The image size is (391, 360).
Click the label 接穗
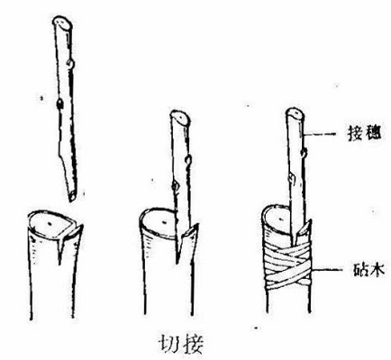[364, 133]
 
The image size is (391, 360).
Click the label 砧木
[368, 271]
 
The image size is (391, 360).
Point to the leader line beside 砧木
[327, 270]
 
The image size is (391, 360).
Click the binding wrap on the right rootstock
[287, 265]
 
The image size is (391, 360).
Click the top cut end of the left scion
[62, 22]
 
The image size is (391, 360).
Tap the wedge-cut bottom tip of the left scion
[72, 197]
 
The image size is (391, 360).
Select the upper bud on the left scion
[70, 64]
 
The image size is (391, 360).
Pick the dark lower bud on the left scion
[59, 103]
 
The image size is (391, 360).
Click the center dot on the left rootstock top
[50, 223]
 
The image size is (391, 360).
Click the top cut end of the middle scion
[180, 116]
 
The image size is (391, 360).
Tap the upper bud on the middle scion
[188, 160]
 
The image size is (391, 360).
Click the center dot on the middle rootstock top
[165, 222]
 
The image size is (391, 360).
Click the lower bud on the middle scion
[174, 186]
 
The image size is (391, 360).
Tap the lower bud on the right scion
[291, 178]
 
